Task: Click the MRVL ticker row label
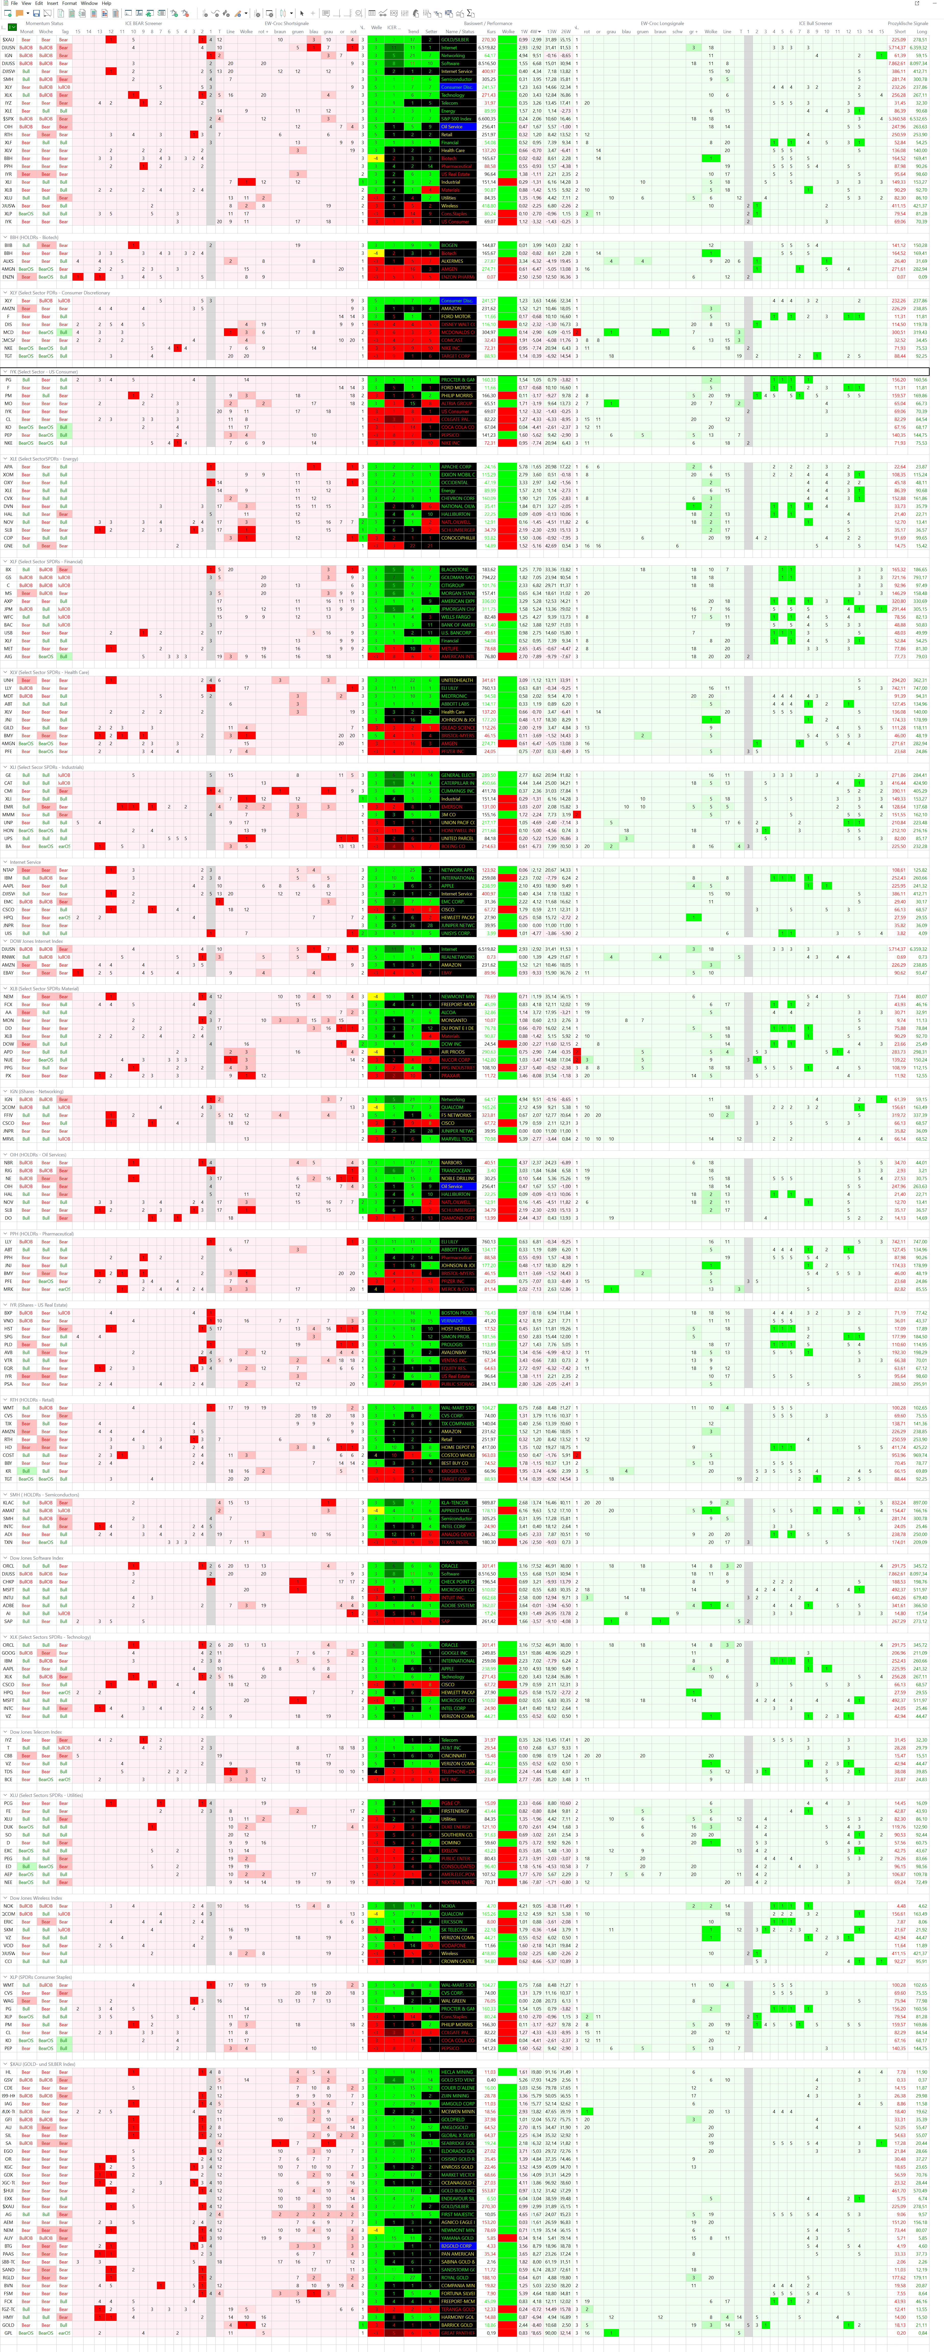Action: [8, 1139]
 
